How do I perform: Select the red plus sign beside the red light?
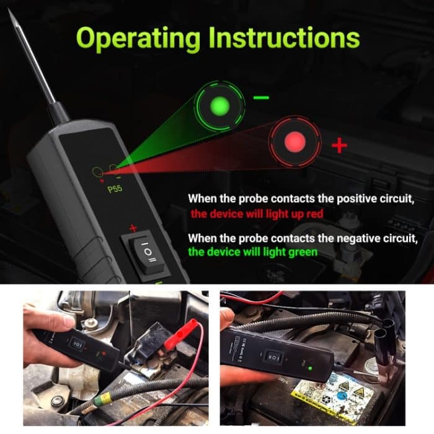pyautogui.click(x=338, y=146)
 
